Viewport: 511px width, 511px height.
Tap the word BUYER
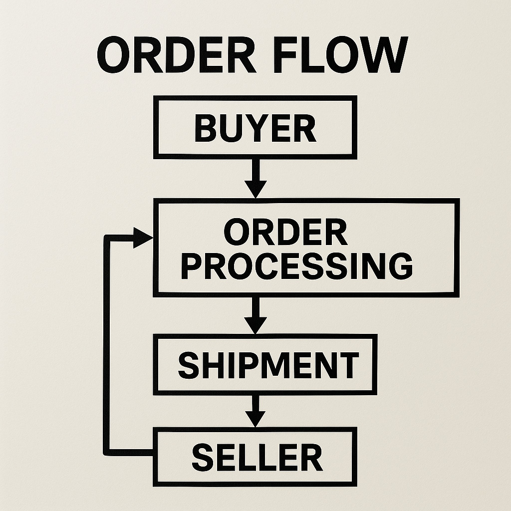(x=255, y=128)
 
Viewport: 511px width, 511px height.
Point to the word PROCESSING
(x=296, y=265)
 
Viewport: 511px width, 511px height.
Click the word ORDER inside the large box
(x=285, y=232)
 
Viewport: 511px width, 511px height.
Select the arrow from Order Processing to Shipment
(x=255, y=314)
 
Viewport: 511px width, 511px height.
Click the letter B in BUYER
(x=205, y=128)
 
